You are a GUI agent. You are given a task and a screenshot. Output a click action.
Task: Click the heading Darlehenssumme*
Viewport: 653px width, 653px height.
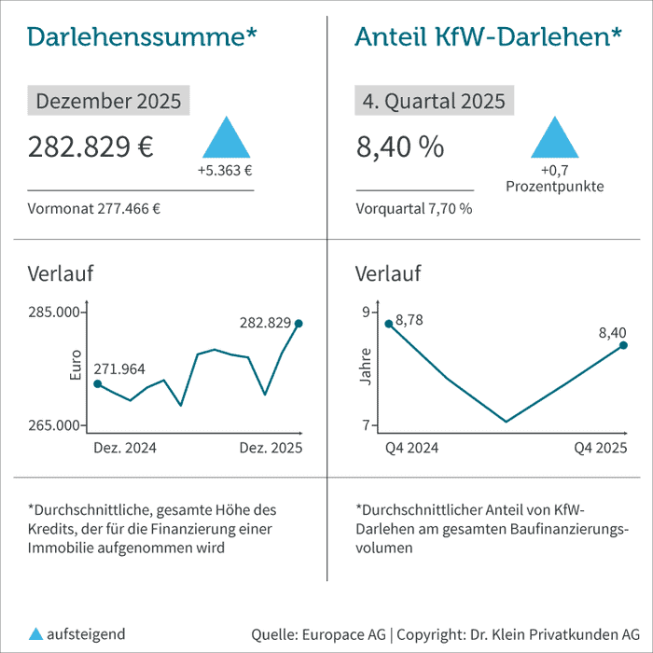[x=142, y=37]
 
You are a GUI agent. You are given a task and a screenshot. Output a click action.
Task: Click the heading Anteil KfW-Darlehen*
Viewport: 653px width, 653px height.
[x=489, y=37]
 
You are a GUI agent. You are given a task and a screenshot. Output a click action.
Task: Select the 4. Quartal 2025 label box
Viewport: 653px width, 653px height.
[x=435, y=101]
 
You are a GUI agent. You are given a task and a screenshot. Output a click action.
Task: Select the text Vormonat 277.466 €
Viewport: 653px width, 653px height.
[x=94, y=209]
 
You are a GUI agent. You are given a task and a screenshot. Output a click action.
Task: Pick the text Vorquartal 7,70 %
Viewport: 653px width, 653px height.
[x=414, y=209]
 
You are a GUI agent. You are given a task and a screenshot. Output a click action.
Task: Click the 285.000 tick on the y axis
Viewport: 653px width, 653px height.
[x=54, y=312]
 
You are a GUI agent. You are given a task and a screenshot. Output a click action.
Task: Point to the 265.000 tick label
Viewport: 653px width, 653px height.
[x=54, y=425]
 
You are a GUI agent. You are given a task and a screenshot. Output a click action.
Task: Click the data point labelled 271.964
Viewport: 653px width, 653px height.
[x=97, y=383]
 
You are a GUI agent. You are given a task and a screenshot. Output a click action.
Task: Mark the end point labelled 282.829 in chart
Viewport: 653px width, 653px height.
[x=299, y=324]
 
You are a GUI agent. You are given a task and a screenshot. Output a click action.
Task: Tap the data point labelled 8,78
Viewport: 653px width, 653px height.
[x=388, y=324]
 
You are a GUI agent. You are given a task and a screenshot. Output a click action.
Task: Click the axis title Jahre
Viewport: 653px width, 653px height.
[x=366, y=367]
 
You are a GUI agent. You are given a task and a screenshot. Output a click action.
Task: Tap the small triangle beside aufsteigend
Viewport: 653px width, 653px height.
[x=35, y=633]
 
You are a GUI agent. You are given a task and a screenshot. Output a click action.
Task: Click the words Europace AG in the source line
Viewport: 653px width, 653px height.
[x=342, y=634]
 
